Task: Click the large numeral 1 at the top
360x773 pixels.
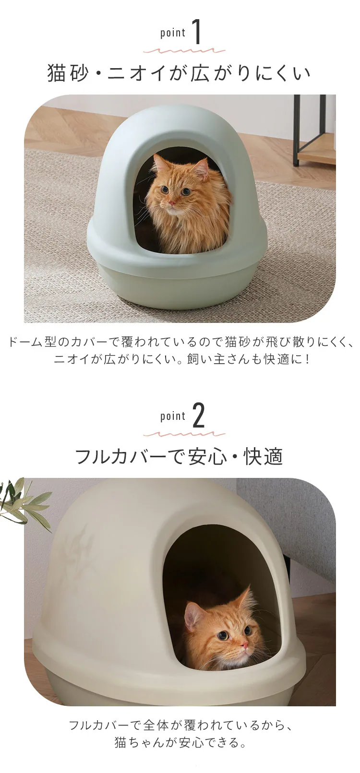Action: [x=197, y=33]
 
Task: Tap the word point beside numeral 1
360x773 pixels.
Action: [x=173, y=33]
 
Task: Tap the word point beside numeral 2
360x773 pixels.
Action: [x=173, y=416]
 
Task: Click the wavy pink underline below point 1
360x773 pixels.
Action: [x=184, y=50]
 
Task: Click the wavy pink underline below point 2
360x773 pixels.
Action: [x=184, y=434]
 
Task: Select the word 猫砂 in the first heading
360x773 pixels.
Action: [x=67, y=73]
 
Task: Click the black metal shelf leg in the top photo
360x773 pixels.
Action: [x=296, y=130]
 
